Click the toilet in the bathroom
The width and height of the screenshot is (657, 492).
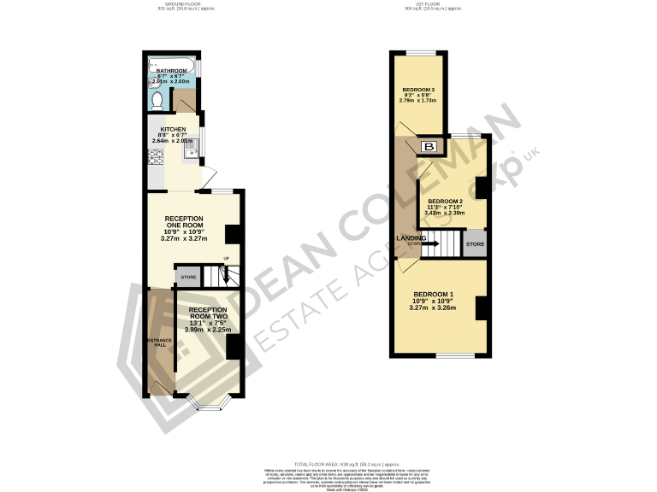point(156,101)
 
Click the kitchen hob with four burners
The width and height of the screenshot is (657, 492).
point(156,158)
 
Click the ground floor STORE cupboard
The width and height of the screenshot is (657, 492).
point(187,276)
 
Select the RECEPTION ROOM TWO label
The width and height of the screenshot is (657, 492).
point(209,313)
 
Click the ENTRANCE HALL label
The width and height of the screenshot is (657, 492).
point(158,343)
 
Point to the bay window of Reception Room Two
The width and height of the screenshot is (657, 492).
point(209,401)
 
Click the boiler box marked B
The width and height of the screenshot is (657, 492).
point(429,148)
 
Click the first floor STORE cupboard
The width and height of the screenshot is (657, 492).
point(475,244)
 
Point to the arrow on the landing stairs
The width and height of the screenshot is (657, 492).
point(430,244)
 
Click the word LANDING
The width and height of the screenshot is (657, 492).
point(411,238)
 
